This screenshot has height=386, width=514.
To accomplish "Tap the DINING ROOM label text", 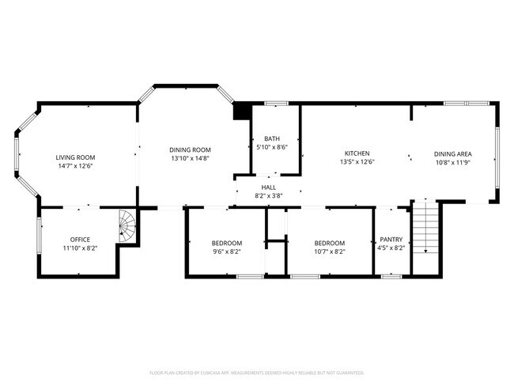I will coord(191,149).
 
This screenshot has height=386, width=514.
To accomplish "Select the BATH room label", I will coord(271,138).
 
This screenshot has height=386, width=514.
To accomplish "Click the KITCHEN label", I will coord(357,153).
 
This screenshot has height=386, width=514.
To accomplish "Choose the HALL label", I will coord(269,187).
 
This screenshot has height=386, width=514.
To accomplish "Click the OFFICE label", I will coord(80,240).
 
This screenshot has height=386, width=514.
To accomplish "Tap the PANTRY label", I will coord(392,238).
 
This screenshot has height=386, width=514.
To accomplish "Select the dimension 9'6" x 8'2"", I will coord(227,252).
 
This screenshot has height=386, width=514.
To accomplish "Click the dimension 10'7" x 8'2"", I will coord(329,252).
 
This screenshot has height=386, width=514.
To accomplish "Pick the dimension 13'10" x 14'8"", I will coord(191,158).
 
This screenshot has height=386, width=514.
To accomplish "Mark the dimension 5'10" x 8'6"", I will coord(272,147).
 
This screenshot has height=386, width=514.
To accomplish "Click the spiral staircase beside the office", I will coord(127,226).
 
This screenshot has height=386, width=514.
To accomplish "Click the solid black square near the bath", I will coord(241,111).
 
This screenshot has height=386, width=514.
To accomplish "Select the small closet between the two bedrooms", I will coord(275,223).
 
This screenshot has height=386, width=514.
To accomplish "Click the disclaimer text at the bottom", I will coord(256,372).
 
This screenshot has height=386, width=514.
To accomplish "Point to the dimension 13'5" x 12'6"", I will coord(357,161).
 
